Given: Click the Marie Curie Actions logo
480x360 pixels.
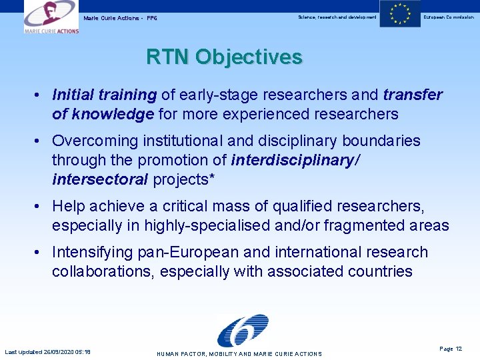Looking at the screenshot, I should point(51,17).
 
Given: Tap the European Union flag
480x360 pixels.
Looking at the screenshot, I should point(400,14).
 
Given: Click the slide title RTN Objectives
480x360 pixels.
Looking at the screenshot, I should point(224,57).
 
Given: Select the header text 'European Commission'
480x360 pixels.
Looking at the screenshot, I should point(449,17).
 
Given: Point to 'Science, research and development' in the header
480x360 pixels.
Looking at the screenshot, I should point(337,17).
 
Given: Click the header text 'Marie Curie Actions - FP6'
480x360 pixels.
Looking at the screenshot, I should point(121,17).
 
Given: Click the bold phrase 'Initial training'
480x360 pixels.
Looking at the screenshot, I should point(104,95).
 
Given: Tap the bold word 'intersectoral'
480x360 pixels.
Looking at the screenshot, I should point(100,179).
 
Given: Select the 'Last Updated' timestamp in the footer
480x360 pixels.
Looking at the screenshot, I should point(48,352).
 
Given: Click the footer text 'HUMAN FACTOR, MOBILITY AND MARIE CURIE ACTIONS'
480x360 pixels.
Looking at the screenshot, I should point(239,354).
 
